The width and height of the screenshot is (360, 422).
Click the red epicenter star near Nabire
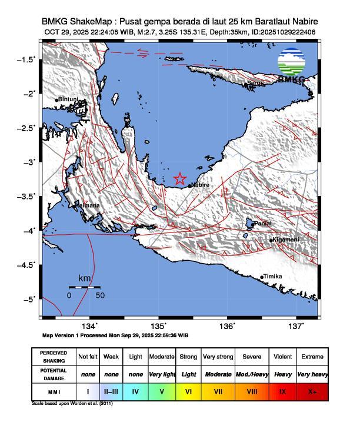[x=180, y=179]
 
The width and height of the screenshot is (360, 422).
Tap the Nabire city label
[x=200, y=185]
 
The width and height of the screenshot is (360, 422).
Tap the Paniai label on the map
[x=264, y=224]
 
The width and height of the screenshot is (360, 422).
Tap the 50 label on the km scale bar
[x=100, y=295]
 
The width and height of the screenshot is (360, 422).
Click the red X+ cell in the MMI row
[x=312, y=391]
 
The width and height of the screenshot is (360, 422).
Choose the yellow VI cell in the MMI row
[x=188, y=391]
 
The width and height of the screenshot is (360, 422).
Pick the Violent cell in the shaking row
[x=283, y=357]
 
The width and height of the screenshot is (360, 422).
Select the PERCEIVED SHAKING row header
[x=54, y=357]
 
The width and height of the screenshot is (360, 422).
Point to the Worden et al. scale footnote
[x=71, y=404]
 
